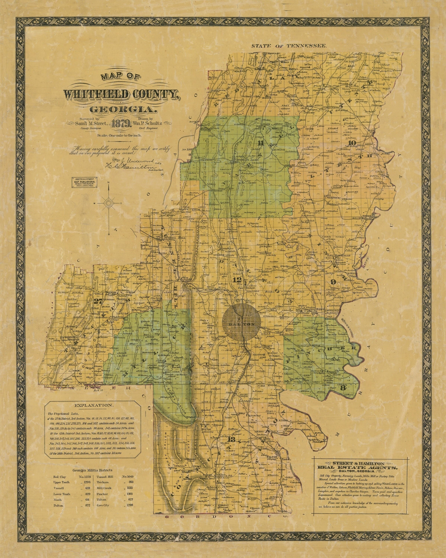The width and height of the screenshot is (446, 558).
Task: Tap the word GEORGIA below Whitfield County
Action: tap(124, 110)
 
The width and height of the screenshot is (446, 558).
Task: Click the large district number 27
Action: tap(98, 301)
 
